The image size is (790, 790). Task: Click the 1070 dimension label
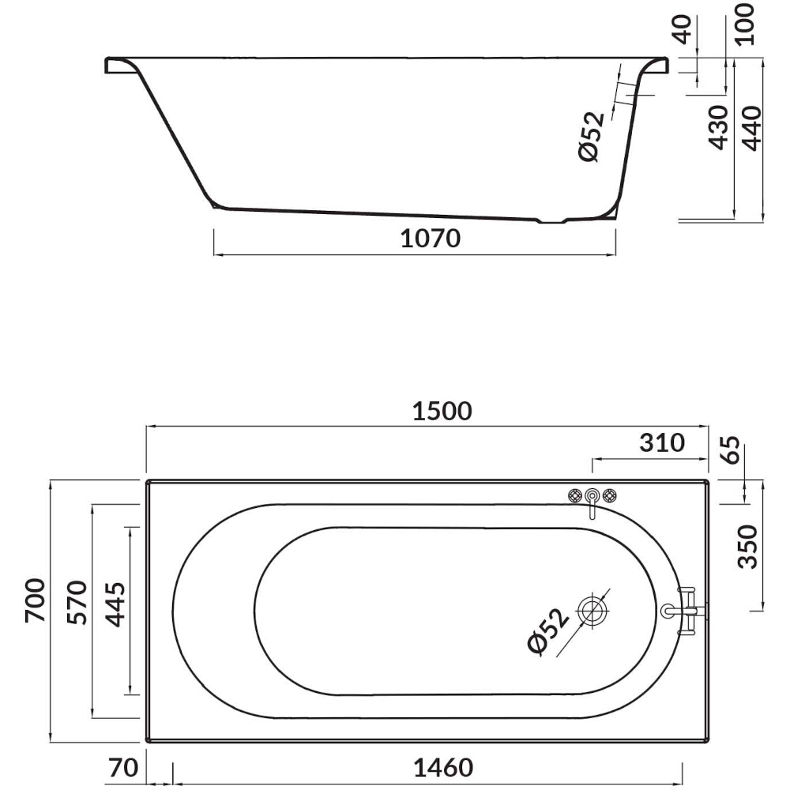pyautogui.click(x=431, y=239)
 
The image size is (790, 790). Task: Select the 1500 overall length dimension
pyautogui.click(x=442, y=411)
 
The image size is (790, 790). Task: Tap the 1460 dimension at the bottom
pyautogui.click(x=443, y=768)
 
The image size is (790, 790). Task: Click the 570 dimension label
pyautogui.click(x=77, y=603)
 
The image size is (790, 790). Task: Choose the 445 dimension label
pyautogui.click(x=115, y=604)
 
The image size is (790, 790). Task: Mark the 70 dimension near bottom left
pyautogui.click(x=123, y=768)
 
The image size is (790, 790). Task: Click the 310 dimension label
pyautogui.click(x=662, y=443)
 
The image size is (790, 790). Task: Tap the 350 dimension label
pyautogui.click(x=747, y=547)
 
